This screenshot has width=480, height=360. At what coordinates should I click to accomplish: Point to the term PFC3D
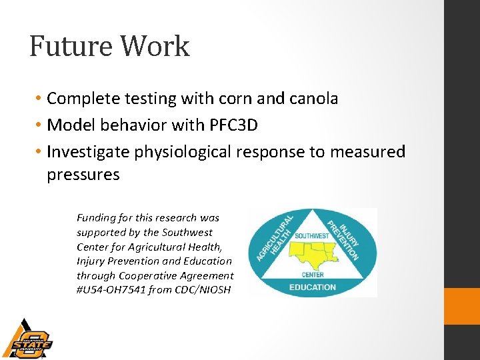pos(234,125)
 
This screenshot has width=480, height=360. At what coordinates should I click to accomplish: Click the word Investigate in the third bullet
pos(88,152)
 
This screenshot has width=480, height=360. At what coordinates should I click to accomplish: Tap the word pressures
pos(83,175)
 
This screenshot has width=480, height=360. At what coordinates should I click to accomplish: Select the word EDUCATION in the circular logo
pos(313,287)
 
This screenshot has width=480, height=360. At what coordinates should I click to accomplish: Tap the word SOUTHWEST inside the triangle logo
pos(312,237)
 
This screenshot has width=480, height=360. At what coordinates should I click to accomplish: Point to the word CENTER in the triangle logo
pos(313,275)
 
